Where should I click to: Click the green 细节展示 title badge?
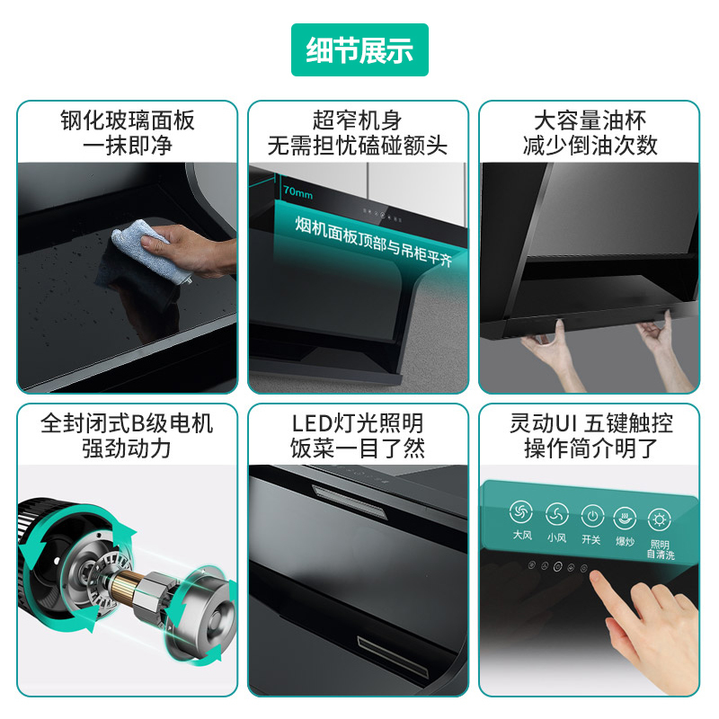(359, 50)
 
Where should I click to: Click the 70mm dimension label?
(297, 192)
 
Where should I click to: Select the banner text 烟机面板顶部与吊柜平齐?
(374, 239)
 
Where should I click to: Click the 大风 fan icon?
(521, 515)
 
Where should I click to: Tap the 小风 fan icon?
(556, 515)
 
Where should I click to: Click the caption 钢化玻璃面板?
(128, 120)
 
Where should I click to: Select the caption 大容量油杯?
(590, 120)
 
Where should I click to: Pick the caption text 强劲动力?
(128, 448)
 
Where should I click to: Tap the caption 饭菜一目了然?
(358, 448)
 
